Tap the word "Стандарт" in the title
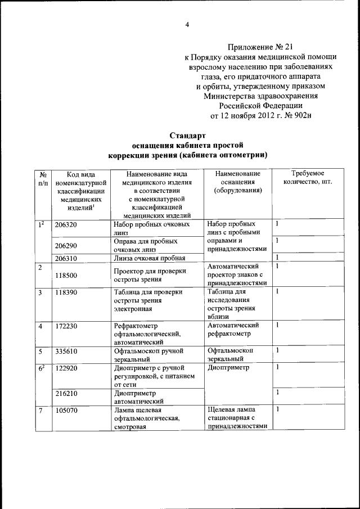[x=187, y=135]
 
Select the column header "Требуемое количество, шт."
[x=307, y=178]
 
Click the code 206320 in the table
[x=66, y=224]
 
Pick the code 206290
[x=66, y=245]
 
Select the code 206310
[x=66, y=258]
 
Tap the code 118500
[x=66, y=276]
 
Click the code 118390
[x=66, y=292]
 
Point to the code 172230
[x=66, y=326]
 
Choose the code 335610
[x=66, y=351]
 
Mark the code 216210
[x=66, y=394]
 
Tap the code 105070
[x=66, y=410]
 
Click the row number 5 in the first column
[x=40, y=351]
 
